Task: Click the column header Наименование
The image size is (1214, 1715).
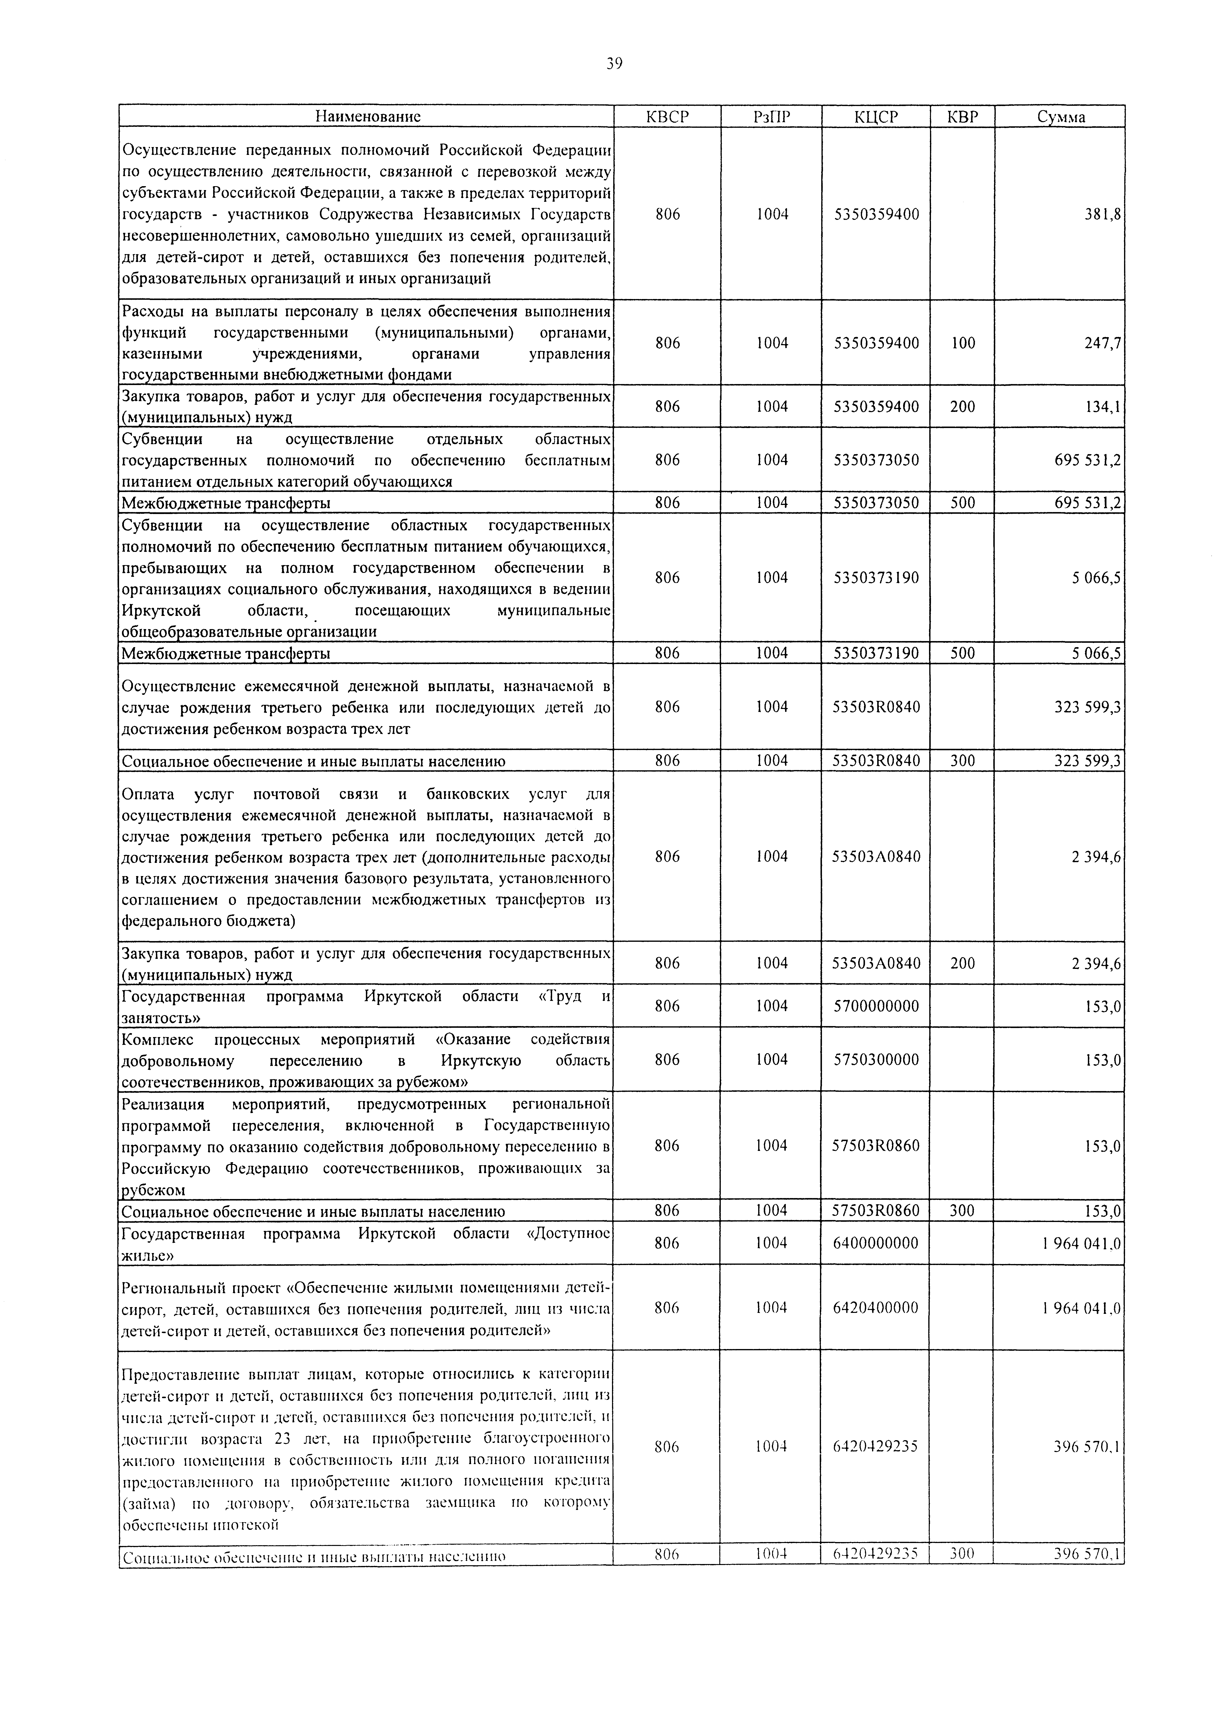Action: tap(367, 117)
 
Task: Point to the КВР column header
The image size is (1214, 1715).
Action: tap(962, 117)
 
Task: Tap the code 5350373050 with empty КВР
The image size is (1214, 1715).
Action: tap(876, 460)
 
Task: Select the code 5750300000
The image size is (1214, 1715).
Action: tap(876, 1060)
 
